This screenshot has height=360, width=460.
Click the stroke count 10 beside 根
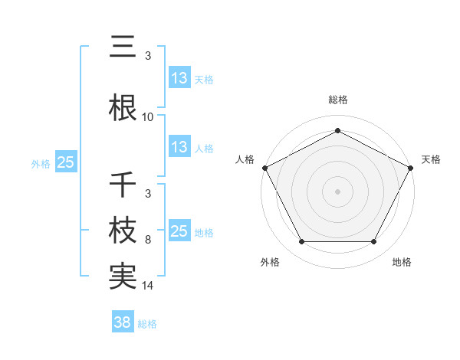click(x=148, y=117)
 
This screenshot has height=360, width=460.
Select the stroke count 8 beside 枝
click(x=148, y=240)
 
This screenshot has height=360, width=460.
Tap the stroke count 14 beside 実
click(x=148, y=286)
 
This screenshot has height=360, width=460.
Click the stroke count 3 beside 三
click(x=148, y=56)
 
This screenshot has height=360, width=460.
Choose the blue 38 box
click(x=122, y=322)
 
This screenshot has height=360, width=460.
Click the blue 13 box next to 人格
click(x=179, y=148)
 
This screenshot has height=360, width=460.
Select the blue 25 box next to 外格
click(x=65, y=162)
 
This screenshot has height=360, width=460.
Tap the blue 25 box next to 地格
click(x=179, y=232)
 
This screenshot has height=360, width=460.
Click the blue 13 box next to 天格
click(x=179, y=78)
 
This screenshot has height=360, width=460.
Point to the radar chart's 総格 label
click(x=337, y=100)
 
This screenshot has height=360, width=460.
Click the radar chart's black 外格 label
click(x=270, y=263)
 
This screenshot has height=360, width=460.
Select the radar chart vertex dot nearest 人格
click(x=264, y=167)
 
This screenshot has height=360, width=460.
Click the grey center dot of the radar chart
click(x=337, y=191)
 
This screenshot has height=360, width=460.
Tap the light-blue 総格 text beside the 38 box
click(x=147, y=324)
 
